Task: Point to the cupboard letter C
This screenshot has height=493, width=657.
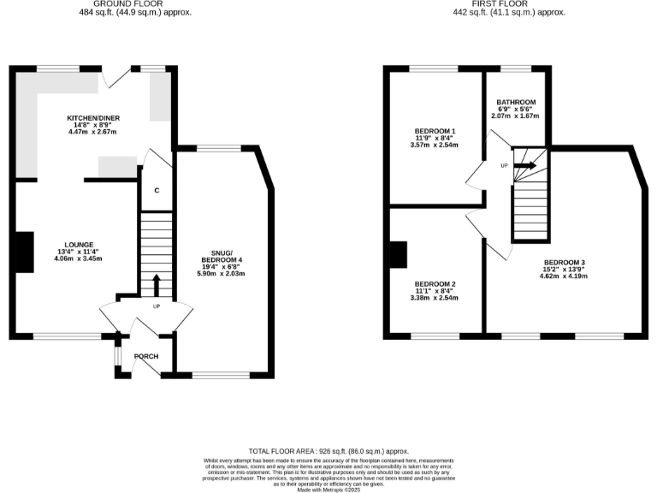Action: tap(156, 191)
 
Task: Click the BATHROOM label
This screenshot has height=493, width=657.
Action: tap(516, 103)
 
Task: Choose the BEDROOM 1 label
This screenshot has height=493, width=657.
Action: tap(434, 130)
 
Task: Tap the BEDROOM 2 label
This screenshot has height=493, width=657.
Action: tap(435, 283)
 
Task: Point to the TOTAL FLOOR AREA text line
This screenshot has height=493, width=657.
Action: tap(328, 451)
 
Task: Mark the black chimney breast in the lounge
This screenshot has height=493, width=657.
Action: tap(24, 252)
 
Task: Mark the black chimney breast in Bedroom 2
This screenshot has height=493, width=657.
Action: tap(398, 254)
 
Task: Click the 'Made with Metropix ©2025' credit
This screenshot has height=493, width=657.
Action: tap(328, 488)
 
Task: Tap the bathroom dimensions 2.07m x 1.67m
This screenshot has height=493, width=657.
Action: tap(516, 116)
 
